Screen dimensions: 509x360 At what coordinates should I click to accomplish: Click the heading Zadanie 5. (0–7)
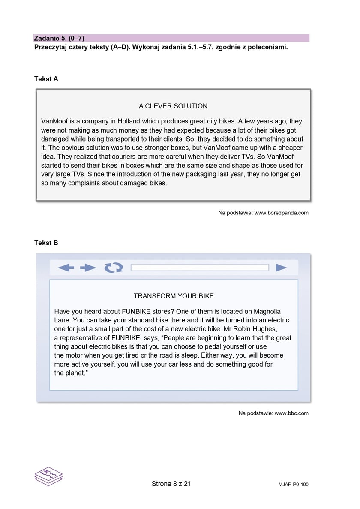tap(59, 38)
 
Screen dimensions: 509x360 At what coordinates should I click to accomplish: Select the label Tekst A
tap(46, 79)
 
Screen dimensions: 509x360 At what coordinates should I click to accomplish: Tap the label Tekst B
tap(46, 243)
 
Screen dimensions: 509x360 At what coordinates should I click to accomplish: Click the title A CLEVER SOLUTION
tap(173, 106)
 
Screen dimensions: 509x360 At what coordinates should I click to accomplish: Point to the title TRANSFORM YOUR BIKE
tap(174, 296)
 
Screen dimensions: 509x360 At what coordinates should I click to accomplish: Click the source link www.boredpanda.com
tap(281, 213)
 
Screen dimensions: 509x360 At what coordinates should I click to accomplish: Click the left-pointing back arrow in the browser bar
tap(66, 268)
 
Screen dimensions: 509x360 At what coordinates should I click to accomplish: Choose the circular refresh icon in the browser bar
tap(114, 268)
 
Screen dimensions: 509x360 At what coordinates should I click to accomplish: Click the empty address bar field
tap(199, 268)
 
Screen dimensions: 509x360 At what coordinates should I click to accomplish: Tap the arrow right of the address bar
tap(281, 268)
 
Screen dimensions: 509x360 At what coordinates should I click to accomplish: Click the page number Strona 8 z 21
tap(171, 484)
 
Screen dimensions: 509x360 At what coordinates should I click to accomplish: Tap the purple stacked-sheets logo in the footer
tap(48, 476)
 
